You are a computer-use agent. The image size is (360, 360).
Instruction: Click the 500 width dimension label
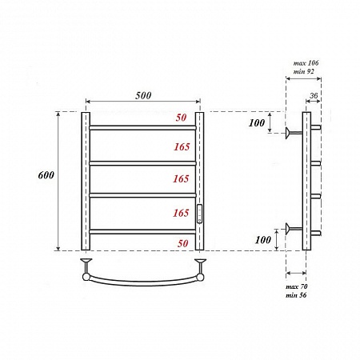click(143, 95)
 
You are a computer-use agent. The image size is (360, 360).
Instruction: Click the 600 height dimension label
click(46, 175)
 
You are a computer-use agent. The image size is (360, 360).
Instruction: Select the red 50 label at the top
click(181, 118)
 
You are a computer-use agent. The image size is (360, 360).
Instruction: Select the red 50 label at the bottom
click(182, 243)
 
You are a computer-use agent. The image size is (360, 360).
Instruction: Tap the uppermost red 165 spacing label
click(182, 146)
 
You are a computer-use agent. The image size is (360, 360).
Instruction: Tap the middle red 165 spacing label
click(181, 178)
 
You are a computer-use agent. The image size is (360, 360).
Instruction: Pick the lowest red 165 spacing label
click(181, 213)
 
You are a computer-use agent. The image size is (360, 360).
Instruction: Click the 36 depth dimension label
click(314, 95)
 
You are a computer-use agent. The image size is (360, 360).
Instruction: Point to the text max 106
click(306, 63)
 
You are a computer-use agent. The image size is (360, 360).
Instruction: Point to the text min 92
click(304, 71)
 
